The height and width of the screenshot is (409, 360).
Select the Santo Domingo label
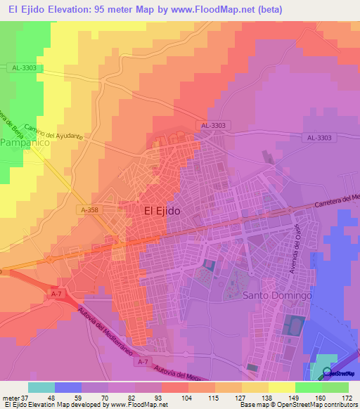coord(276,296)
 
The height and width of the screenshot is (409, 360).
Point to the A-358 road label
coord(89,209)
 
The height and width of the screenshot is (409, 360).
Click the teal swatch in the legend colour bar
coord(41,387)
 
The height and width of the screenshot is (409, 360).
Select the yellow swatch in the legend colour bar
coord(282,387)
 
